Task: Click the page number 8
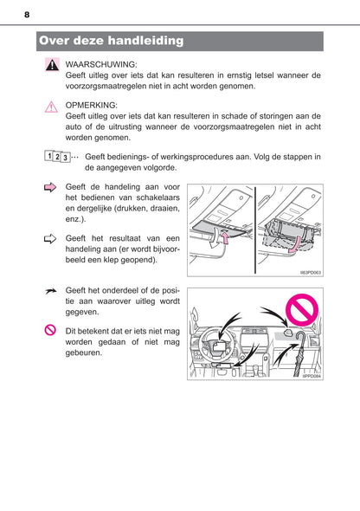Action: click(27, 15)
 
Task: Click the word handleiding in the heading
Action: click(145, 41)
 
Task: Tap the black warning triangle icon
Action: click(52, 65)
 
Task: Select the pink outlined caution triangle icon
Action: click(51, 107)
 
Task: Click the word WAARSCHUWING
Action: click(101, 65)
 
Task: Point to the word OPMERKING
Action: click(92, 106)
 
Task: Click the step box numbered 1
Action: click(48, 156)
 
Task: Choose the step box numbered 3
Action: click(66, 158)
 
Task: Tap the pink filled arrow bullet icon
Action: click(50, 187)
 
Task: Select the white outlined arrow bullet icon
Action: click(50, 239)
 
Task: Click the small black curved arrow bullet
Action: click(51, 291)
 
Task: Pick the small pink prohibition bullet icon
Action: click(50, 330)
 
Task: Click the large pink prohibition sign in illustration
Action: click(302, 309)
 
